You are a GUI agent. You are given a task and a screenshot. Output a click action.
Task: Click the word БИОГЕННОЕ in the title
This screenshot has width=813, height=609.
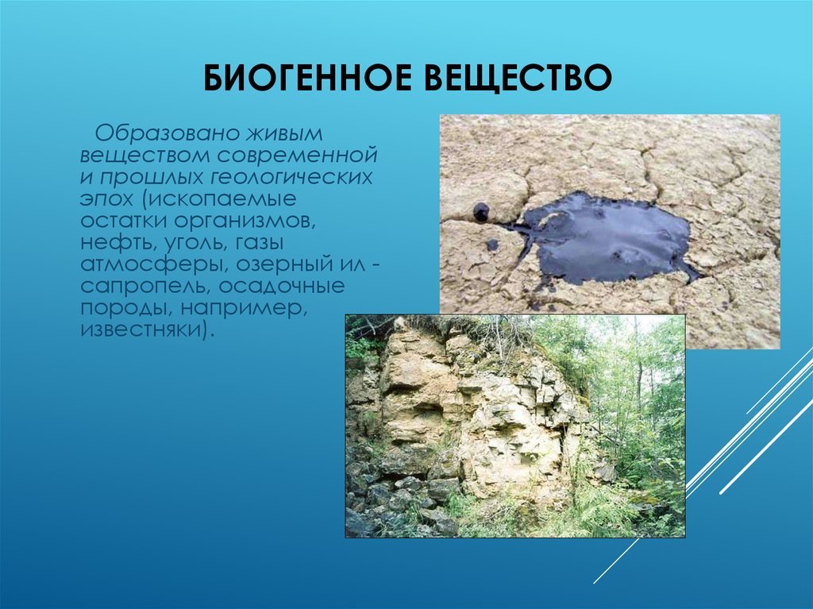(x=309, y=79)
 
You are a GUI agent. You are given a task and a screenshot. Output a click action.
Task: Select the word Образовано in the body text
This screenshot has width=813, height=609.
(x=167, y=133)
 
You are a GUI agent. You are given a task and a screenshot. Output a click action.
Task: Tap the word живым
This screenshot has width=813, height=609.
(x=284, y=133)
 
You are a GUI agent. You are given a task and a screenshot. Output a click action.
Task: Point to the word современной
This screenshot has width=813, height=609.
(x=297, y=155)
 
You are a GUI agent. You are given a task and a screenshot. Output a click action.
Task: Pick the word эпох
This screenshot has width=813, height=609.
(x=106, y=199)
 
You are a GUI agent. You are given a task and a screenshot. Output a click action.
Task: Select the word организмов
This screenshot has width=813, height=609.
(x=245, y=221)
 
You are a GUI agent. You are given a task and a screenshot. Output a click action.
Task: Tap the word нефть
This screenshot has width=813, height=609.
(x=119, y=243)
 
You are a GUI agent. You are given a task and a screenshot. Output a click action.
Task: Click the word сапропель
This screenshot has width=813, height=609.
(x=146, y=287)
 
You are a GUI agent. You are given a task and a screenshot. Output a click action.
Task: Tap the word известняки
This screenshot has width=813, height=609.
(x=143, y=330)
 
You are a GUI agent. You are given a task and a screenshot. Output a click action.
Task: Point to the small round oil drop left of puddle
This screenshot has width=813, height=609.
(x=480, y=212)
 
